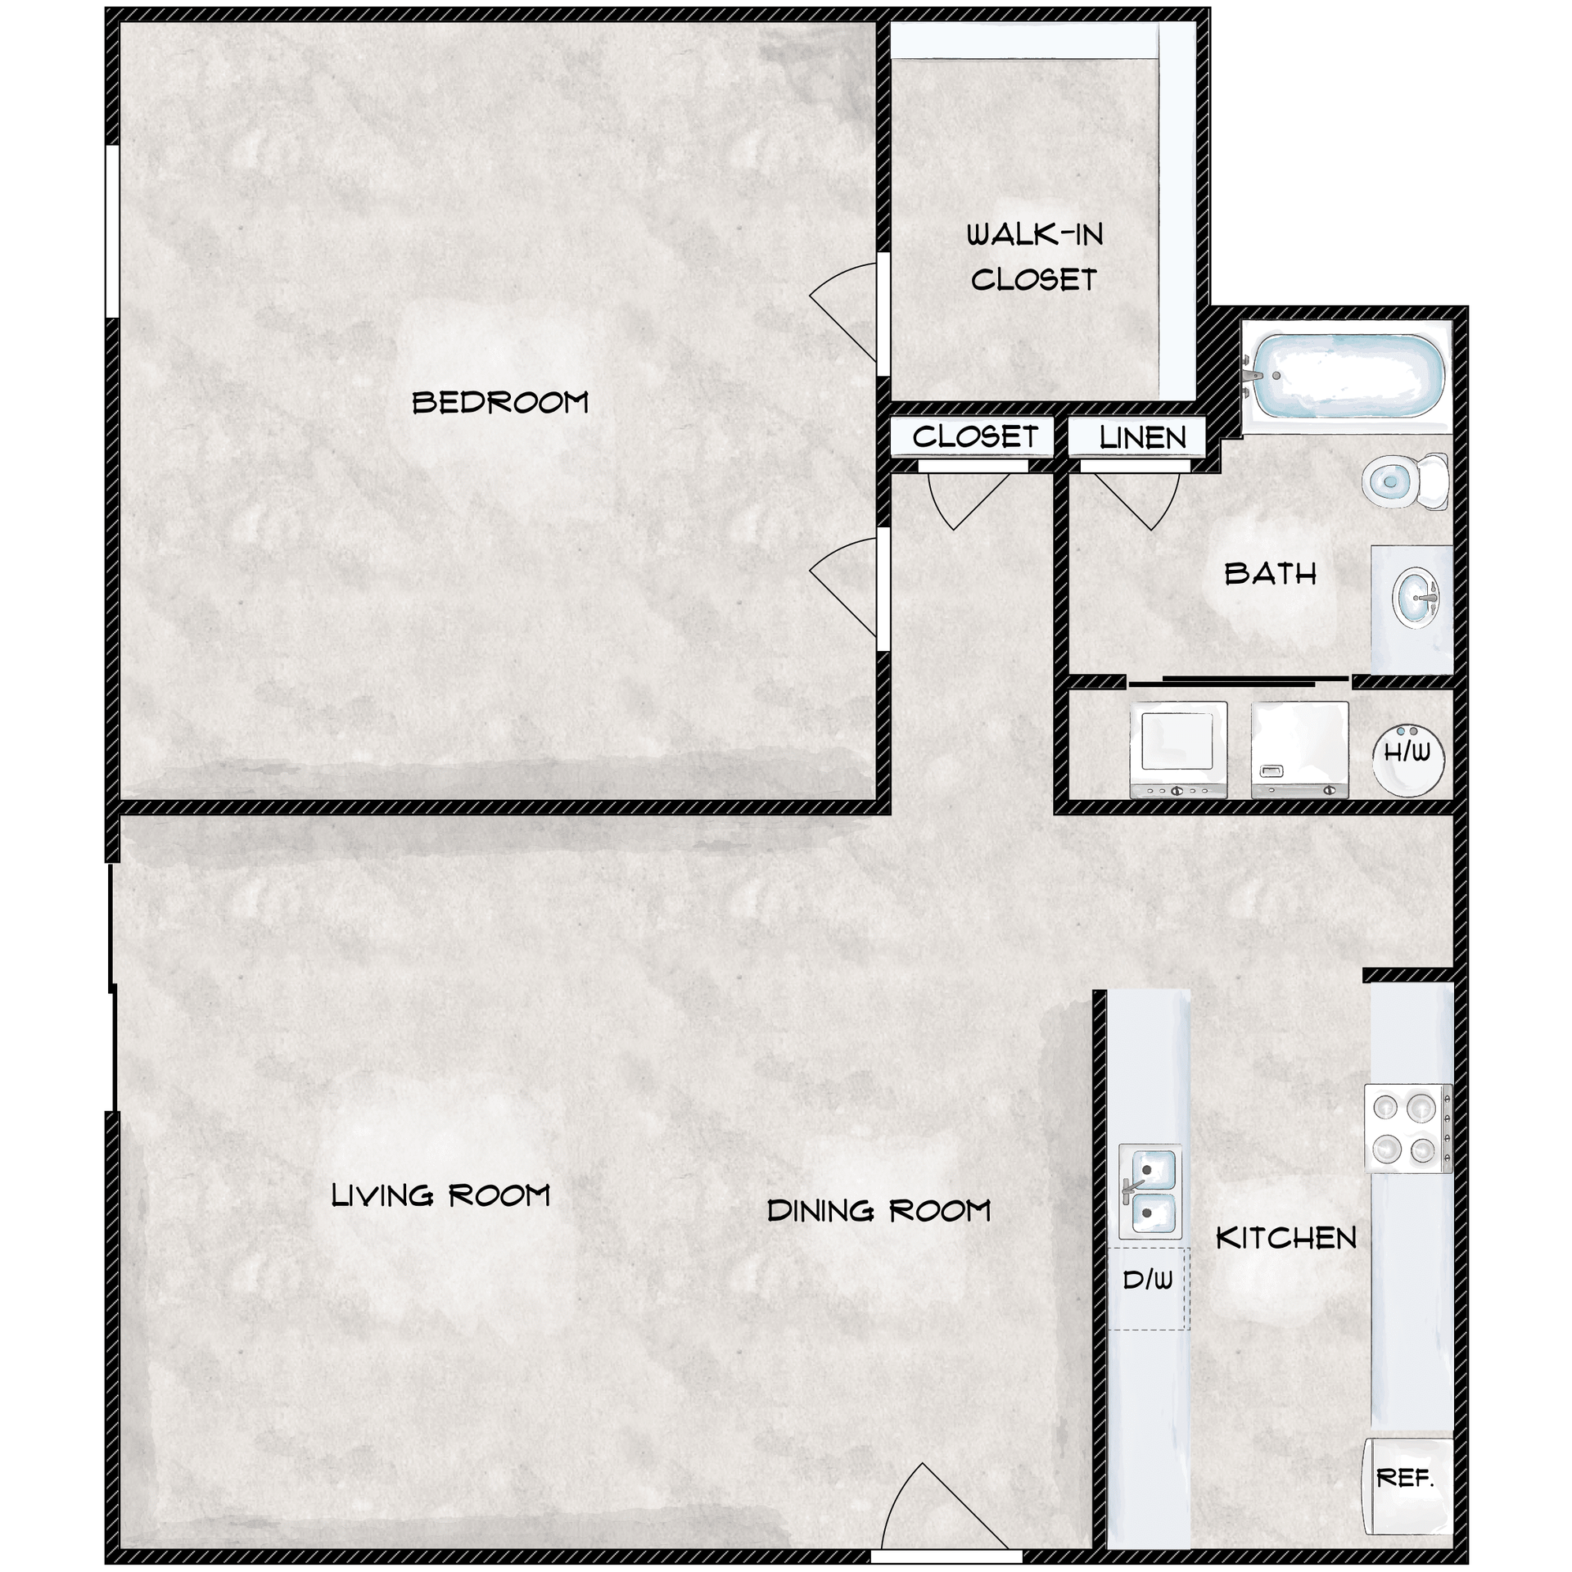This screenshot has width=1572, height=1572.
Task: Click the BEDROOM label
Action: [x=500, y=402]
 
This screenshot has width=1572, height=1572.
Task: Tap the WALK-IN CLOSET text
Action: [x=1035, y=257]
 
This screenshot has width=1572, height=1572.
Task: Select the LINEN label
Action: [x=1142, y=438]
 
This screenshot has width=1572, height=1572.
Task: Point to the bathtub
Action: [x=1348, y=377]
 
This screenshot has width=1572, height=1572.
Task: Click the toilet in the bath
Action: [x=1405, y=481]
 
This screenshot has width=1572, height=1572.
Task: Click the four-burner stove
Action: [x=1408, y=1128]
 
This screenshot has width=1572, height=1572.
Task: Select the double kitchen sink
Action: [x=1150, y=1191]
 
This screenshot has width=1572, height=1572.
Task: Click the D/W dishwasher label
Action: [x=1148, y=1280]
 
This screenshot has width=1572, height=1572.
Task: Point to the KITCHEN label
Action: [x=1286, y=1238]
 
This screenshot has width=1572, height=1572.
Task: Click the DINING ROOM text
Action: [x=879, y=1210]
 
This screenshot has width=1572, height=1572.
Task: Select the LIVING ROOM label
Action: [x=440, y=1195]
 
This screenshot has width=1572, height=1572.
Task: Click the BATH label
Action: [x=1271, y=574]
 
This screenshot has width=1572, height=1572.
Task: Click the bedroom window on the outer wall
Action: [x=112, y=232]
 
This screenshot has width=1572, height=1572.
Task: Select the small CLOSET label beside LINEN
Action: [x=975, y=437]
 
